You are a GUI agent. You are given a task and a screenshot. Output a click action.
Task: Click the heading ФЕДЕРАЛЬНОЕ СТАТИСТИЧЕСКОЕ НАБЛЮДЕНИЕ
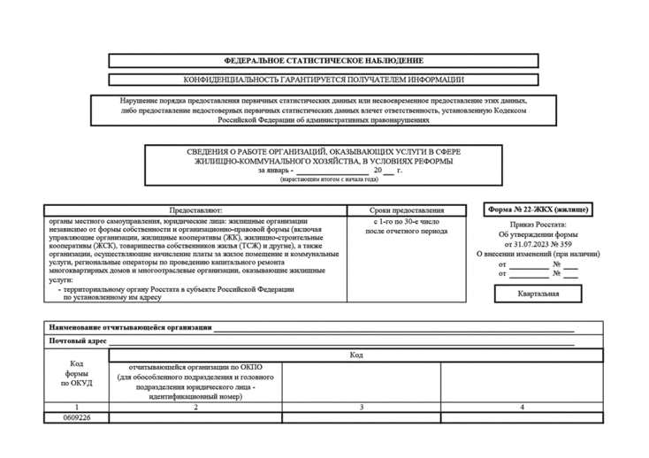click(x=323, y=61)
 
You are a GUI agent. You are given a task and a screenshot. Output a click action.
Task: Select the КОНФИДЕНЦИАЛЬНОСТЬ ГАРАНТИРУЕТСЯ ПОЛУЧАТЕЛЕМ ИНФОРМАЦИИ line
click(x=323, y=80)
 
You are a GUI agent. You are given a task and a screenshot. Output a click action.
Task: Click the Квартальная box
click(x=538, y=293)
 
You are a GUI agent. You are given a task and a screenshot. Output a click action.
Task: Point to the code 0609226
click(x=77, y=417)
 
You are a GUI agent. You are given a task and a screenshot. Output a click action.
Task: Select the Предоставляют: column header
click(x=195, y=210)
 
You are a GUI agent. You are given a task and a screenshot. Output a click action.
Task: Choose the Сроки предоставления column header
click(x=407, y=210)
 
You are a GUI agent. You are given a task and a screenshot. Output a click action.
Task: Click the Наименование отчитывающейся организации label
click(x=131, y=327)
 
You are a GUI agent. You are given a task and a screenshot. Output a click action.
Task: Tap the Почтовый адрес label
click(x=79, y=340)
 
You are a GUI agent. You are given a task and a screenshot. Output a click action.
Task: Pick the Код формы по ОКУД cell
click(x=77, y=374)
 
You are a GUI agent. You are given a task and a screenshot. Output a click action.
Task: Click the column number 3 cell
click(x=361, y=407)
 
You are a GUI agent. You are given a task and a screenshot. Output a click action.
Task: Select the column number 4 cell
click(x=522, y=407)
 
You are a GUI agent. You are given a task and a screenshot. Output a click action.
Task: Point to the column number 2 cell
click(x=195, y=407)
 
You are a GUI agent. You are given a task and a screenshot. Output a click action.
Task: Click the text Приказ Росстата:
click(x=537, y=225)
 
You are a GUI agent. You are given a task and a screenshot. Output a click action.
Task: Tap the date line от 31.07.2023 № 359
click(x=537, y=244)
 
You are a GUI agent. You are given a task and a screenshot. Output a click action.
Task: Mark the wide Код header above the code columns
click(x=355, y=355)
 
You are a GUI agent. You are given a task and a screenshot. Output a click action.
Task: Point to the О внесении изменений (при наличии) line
click(x=537, y=254)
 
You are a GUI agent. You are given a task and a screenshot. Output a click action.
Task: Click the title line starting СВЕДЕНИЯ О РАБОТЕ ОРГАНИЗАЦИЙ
click(x=323, y=151)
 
